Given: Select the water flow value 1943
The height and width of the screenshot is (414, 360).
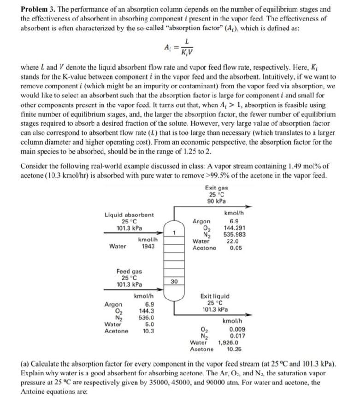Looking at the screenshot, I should point(148,246).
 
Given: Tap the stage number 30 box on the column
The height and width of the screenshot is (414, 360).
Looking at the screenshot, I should point(174,281).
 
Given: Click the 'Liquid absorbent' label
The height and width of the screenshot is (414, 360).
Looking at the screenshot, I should point(130,215).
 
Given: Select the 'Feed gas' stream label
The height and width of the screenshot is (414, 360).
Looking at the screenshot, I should point(129,272).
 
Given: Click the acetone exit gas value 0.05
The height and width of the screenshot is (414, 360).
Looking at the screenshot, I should point(236,247).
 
